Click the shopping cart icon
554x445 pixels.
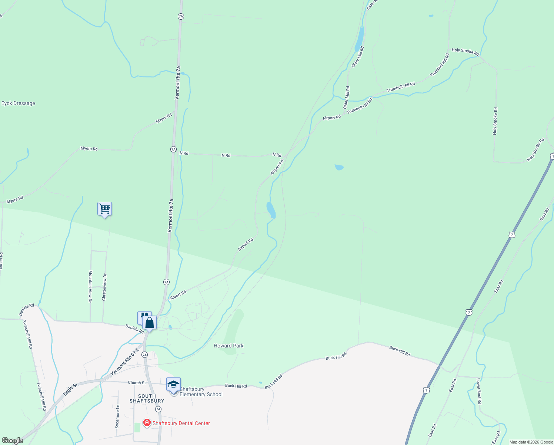[104, 209]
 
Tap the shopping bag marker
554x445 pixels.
[149, 323]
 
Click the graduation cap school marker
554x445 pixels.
[173, 385]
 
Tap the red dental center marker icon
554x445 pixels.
[147, 423]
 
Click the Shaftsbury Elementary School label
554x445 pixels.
[201, 392]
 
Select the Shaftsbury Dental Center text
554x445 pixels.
[181, 423]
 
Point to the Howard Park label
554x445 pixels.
[228, 346]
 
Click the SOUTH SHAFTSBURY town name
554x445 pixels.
[147, 398]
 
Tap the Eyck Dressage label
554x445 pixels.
[18, 103]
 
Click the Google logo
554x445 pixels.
[13, 441]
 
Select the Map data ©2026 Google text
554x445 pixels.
[531, 442]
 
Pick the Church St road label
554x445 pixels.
[137, 383]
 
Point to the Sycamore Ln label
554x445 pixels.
[117, 416]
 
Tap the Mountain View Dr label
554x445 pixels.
[90, 286]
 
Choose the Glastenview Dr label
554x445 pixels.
[104, 287]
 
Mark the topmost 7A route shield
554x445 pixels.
[181, 16]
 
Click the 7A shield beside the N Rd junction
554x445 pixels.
[173, 149]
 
